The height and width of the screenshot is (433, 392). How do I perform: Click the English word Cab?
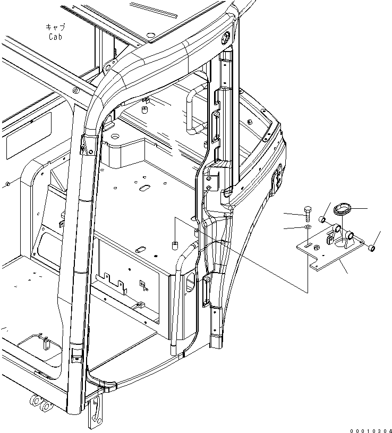click(56, 37)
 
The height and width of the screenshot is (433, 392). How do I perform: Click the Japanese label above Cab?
click(56, 27)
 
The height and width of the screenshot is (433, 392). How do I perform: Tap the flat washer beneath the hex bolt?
click(309, 227)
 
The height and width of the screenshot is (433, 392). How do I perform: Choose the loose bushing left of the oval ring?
click(322, 219)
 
